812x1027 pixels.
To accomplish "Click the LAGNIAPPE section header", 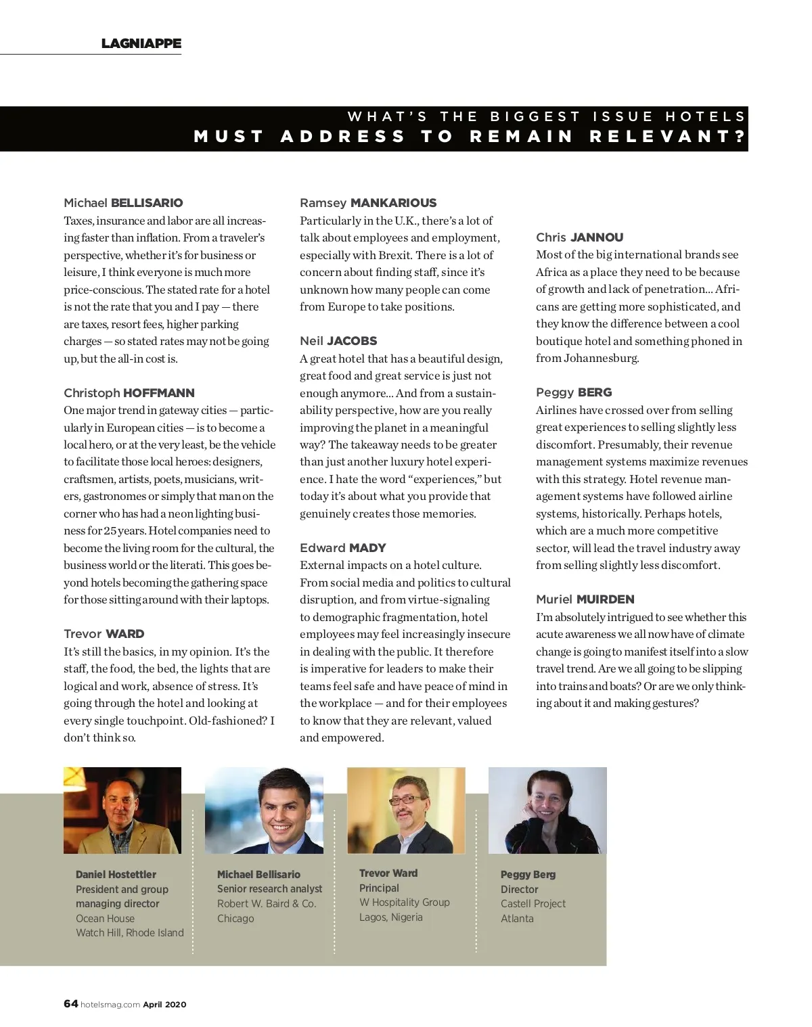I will (141, 43).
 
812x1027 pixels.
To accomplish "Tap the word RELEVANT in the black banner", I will (667, 137).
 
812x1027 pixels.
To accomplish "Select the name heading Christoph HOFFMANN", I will (129, 393).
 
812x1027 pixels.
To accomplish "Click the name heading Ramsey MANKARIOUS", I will (368, 203).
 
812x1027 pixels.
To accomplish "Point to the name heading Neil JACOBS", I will (338, 341).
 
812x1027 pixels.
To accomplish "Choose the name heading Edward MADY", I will (342, 548).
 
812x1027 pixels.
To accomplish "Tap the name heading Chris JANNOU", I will (579, 237).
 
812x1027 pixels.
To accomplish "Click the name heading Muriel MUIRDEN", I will (585, 599).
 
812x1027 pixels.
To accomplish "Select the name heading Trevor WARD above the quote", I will (104, 634).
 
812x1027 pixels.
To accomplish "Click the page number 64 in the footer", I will (70, 1004).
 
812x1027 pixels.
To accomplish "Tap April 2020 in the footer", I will (164, 1005).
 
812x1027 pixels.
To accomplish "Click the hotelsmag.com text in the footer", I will (110, 1005).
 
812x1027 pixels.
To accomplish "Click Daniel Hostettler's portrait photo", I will (122, 811).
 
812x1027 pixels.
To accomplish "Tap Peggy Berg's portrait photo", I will (547, 811).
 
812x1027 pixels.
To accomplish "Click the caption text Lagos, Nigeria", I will (390, 917).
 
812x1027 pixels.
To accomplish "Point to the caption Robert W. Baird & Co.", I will (266, 904).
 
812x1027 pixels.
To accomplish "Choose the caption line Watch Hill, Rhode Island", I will (129, 933).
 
